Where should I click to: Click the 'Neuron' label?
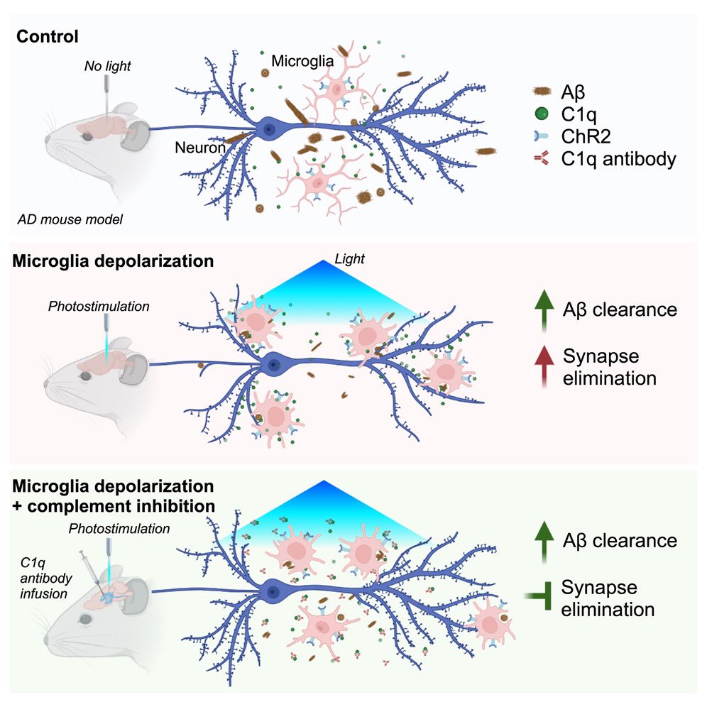(x=201, y=148)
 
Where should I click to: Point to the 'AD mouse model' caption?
(x=71, y=219)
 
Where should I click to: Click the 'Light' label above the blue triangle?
(x=349, y=260)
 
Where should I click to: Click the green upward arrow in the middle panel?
(x=544, y=313)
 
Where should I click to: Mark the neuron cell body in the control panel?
(x=270, y=128)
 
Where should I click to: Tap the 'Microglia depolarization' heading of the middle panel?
(x=112, y=261)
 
